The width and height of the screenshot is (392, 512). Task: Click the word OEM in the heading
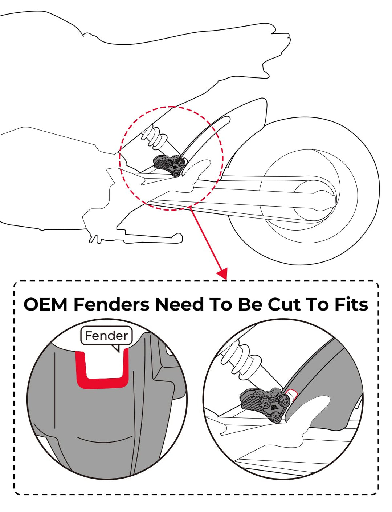[x=45, y=304]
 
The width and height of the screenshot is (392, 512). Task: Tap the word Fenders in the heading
[x=111, y=304]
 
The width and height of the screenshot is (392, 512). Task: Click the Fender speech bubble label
[x=106, y=336]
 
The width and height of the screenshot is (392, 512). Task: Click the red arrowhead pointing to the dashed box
[x=222, y=273]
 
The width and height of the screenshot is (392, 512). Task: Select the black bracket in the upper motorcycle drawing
[x=170, y=165]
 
